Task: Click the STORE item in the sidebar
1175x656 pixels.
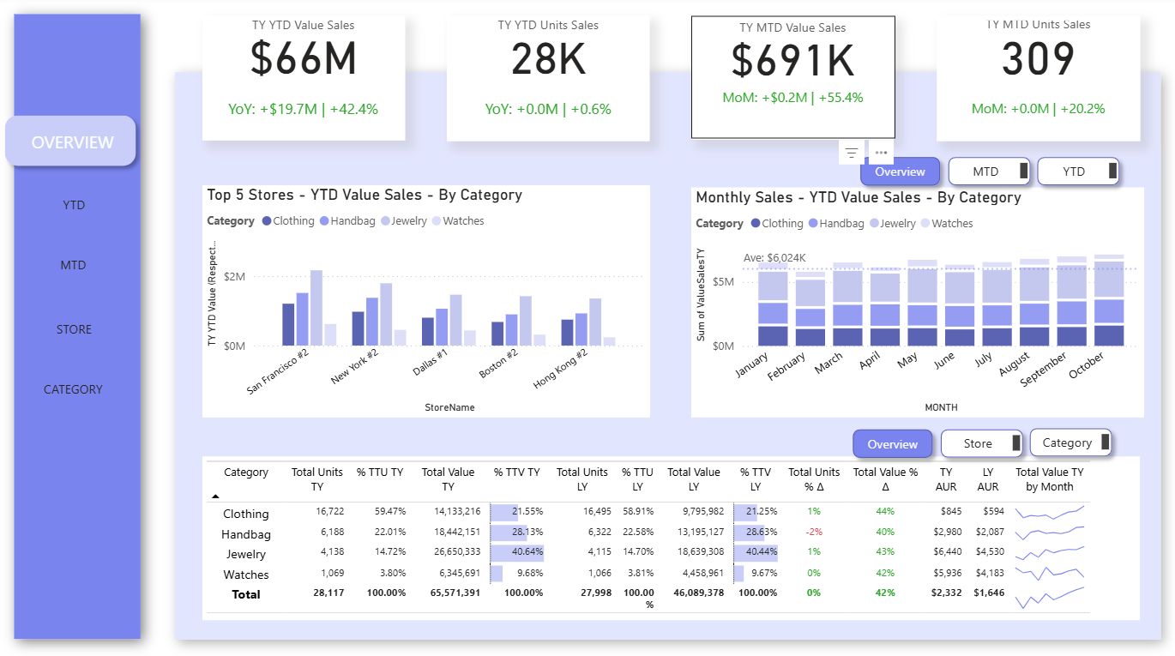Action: (74, 329)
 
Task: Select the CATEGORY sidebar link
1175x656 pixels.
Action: (73, 389)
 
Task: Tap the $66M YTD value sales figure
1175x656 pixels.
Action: (304, 58)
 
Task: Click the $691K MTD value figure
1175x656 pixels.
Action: (792, 61)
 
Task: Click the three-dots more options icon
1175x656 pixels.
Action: (882, 153)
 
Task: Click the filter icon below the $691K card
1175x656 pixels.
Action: (852, 153)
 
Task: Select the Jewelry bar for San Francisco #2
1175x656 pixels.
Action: (316, 308)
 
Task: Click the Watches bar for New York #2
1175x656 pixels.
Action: (401, 338)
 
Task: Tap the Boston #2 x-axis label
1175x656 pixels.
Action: (499, 363)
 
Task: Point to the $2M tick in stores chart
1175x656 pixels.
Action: (234, 276)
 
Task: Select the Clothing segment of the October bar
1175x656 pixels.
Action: (1109, 335)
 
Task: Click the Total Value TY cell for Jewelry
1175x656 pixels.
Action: (457, 551)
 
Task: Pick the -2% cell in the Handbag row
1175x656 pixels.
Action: (814, 532)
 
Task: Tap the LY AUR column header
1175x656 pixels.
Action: (988, 479)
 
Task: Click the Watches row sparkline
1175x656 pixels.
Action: (1049, 573)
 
